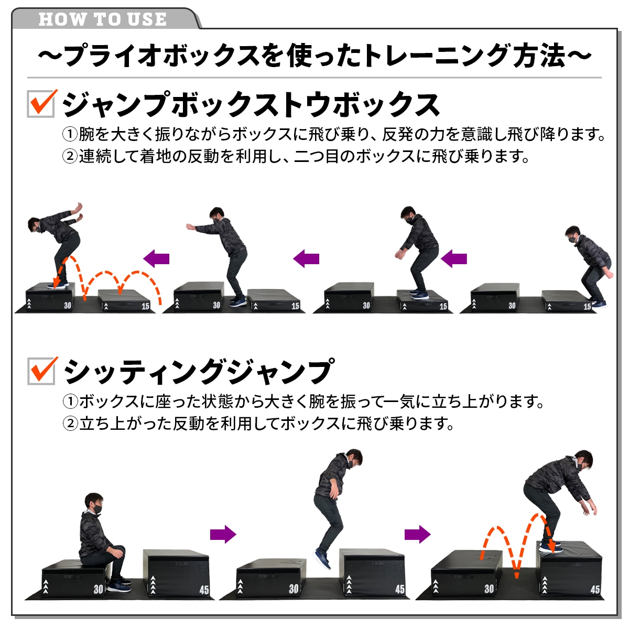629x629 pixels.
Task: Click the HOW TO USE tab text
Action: [103, 19]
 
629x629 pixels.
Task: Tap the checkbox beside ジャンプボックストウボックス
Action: [41, 104]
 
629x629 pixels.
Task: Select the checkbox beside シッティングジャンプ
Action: [41, 371]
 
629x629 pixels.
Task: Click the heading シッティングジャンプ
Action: [199, 371]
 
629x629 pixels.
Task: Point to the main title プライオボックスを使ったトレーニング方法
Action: [314, 56]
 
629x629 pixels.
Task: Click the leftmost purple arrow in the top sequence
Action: [156, 258]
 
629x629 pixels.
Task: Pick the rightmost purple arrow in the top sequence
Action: [454, 258]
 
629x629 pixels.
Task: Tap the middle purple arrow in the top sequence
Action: [306, 258]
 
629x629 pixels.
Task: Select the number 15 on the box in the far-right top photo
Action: [587, 307]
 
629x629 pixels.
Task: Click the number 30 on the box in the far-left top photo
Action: [67, 306]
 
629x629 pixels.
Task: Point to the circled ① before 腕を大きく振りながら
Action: [70, 134]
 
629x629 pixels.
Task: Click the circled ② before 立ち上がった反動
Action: [70, 424]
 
